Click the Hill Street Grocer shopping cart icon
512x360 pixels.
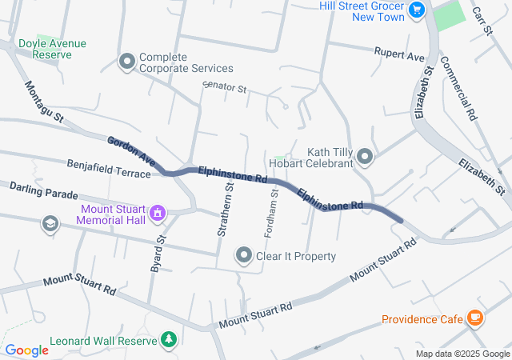pos(416,10)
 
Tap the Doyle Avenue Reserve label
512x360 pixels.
pos(52,49)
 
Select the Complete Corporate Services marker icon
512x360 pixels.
pos(126,61)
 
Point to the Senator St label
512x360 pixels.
pos(225,87)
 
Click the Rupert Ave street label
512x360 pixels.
pos(399,54)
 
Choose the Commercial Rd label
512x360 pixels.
pos(458,88)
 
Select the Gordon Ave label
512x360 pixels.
pos(128,149)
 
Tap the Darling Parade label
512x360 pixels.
pos(43,190)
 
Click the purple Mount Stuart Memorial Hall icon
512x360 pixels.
pos(158,214)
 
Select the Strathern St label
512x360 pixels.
pos(225,210)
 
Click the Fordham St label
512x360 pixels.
pos(271,213)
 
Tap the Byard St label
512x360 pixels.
pos(158,254)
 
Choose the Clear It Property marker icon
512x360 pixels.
pos(243,255)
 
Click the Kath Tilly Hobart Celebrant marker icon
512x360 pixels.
pos(365,157)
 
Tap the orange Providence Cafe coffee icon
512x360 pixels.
pos(475,318)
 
